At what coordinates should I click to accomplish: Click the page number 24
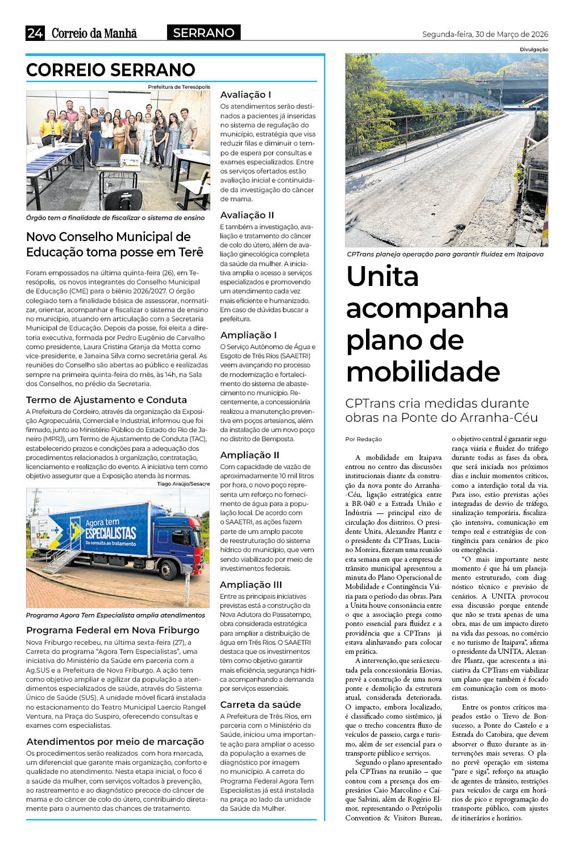click(35, 33)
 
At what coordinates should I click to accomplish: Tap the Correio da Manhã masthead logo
click(94, 33)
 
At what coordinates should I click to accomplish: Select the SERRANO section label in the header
click(203, 33)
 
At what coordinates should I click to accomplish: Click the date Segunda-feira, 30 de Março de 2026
click(485, 34)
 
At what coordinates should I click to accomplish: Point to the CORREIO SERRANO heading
click(111, 70)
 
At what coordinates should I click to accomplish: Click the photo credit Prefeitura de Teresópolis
click(178, 87)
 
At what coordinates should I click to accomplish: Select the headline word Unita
click(382, 276)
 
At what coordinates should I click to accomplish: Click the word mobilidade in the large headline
click(423, 372)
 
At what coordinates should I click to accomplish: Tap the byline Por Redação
click(364, 439)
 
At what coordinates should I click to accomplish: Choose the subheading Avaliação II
click(247, 215)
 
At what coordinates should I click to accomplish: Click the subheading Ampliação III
click(251, 584)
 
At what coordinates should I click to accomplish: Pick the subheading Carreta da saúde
click(260, 704)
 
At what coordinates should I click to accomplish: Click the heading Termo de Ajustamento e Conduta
click(106, 400)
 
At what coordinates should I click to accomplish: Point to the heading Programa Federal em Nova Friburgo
click(113, 630)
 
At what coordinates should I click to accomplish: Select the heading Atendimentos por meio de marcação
click(115, 741)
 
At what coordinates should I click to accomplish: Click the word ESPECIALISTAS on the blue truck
click(111, 533)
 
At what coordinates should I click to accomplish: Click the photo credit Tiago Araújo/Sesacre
click(183, 484)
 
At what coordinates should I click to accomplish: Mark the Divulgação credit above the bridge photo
click(534, 49)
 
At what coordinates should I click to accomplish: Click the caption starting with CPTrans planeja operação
click(445, 254)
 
